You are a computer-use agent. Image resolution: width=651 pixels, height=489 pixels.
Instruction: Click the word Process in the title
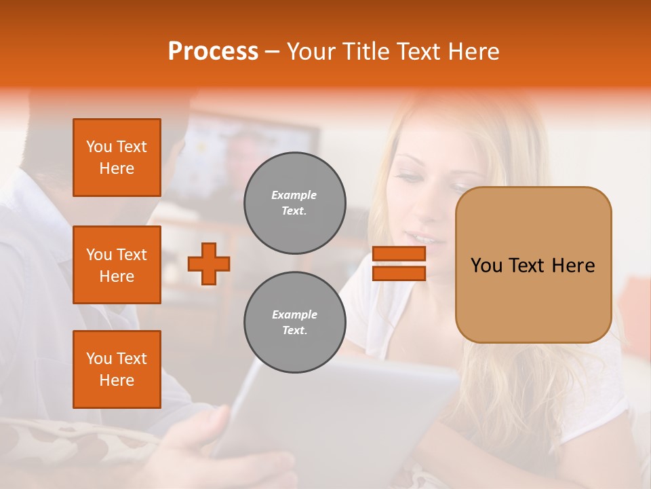213,52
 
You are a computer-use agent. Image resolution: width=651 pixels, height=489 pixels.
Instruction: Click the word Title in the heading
363,52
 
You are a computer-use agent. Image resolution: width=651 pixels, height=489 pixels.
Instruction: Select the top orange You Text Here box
117,158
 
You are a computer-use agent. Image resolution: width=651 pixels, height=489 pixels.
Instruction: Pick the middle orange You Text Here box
117,265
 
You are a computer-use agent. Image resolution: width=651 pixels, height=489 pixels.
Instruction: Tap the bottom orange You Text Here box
117,369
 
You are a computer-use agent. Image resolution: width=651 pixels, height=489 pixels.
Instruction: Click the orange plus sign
209,264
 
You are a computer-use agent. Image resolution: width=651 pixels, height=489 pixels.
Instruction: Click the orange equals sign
399,264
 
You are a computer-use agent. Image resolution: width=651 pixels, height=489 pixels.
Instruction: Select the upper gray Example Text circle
295,203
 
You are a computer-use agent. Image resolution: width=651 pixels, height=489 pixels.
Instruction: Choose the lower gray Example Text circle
295,323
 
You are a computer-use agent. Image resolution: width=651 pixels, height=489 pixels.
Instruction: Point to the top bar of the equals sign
399,254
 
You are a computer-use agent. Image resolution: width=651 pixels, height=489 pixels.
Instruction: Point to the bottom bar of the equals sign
399,273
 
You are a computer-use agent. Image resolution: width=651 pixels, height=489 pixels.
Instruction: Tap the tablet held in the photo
339,414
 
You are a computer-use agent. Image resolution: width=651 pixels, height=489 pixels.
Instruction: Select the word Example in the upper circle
294,196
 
